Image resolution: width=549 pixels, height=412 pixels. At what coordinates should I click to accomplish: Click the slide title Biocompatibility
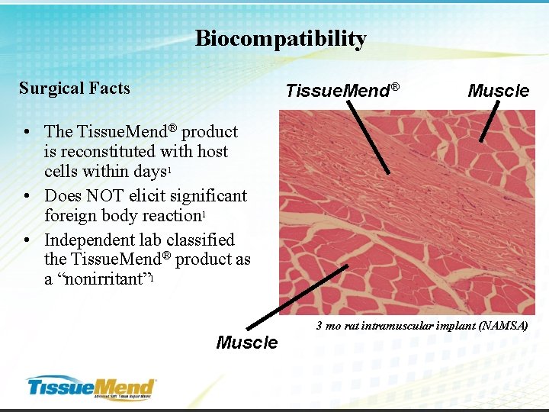(281, 39)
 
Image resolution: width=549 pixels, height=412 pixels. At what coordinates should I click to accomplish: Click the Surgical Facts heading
(75, 89)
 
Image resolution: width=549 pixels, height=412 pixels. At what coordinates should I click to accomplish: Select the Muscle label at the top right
(498, 92)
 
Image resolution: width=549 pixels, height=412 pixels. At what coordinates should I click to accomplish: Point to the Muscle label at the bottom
(247, 343)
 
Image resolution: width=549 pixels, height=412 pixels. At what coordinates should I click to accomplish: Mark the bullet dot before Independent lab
(27, 240)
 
